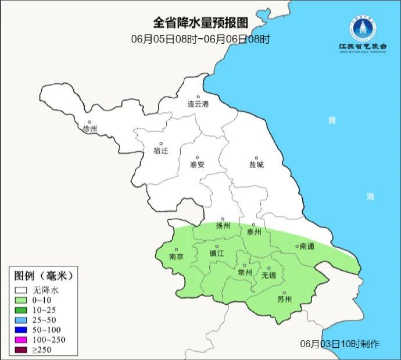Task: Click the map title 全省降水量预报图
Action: click(x=201, y=23)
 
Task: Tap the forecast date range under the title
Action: click(x=201, y=40)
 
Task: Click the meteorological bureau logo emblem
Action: click(x=363, y=26)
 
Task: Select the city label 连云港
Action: click(x=198, y=105)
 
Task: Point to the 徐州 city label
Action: click(x=90, y=129)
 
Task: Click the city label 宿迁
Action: click(x=161, y=151)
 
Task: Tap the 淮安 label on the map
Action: click(x=198, y=165)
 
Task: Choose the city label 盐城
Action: click(x=256, y=165)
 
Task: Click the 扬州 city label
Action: click(x=223, y=226)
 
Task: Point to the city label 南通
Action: click(x=306, y=247)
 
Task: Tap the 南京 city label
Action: click(x=176, y=256)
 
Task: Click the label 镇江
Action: click(x=217, y=254)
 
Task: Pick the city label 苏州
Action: click(x=284, y=300)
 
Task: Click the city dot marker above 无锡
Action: click(x=268, y=268)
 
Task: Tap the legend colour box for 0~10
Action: click(x=22, y=301)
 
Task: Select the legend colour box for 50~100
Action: click(x=22, y=330)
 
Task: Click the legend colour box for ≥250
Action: click(x=22, y=350)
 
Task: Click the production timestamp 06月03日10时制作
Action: click(x=340, y=344)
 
